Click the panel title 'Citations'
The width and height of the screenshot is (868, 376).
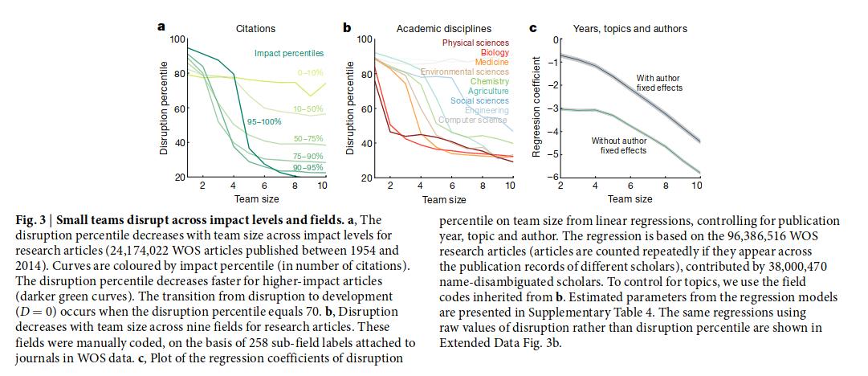coord(255,29)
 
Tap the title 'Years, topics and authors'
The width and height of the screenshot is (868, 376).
coord(630,29)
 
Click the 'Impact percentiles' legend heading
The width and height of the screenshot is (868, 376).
coord(289,53)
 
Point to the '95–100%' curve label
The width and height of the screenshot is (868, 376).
coord(265,121)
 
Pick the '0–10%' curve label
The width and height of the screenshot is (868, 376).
coord(309,72)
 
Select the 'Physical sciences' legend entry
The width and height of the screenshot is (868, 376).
coord(475,43)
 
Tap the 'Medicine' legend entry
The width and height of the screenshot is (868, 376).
coord(491,62)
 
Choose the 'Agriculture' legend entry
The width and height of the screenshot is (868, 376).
coord(488,91)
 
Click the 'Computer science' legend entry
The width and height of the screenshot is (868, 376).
coord(473,120)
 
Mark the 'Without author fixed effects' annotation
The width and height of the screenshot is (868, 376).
coord(618,145)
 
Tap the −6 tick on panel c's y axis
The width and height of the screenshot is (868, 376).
coord(552,177)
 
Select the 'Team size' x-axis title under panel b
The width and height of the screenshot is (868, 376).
coord(443,200)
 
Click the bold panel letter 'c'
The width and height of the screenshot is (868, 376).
coord(533,27)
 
